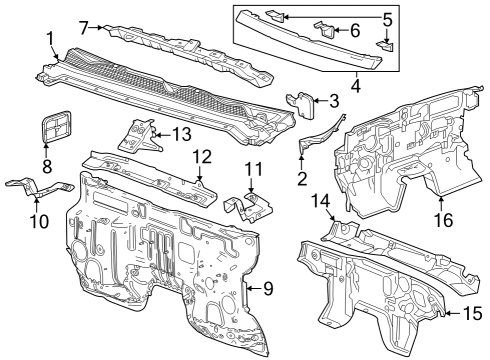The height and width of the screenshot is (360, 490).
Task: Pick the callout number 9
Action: (x=267, y=290)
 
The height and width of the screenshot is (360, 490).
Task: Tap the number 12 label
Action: (x=202, y=157)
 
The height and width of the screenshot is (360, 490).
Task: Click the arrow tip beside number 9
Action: (x=248, y=290)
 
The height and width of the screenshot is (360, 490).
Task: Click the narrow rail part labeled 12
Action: (x=150, y=170)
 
